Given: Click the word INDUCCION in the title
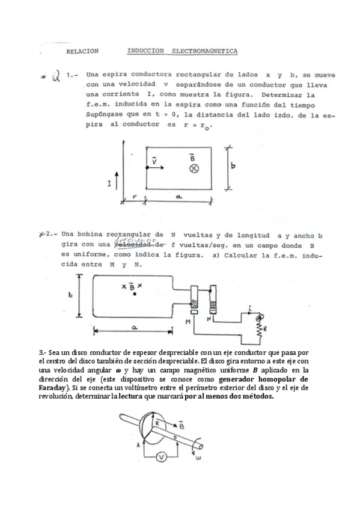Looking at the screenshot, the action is (146, 52).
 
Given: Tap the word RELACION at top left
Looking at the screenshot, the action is (84, 52).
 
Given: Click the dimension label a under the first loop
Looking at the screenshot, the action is (178, 196).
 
